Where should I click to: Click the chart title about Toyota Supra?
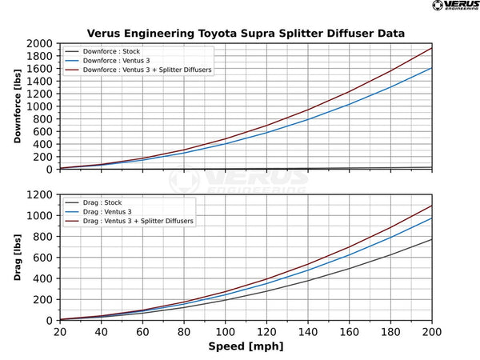coord(245,33)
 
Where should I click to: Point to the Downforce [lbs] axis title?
coord(18,106)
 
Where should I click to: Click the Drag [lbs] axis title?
coord(18,258)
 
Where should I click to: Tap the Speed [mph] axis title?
coord(245,347)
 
